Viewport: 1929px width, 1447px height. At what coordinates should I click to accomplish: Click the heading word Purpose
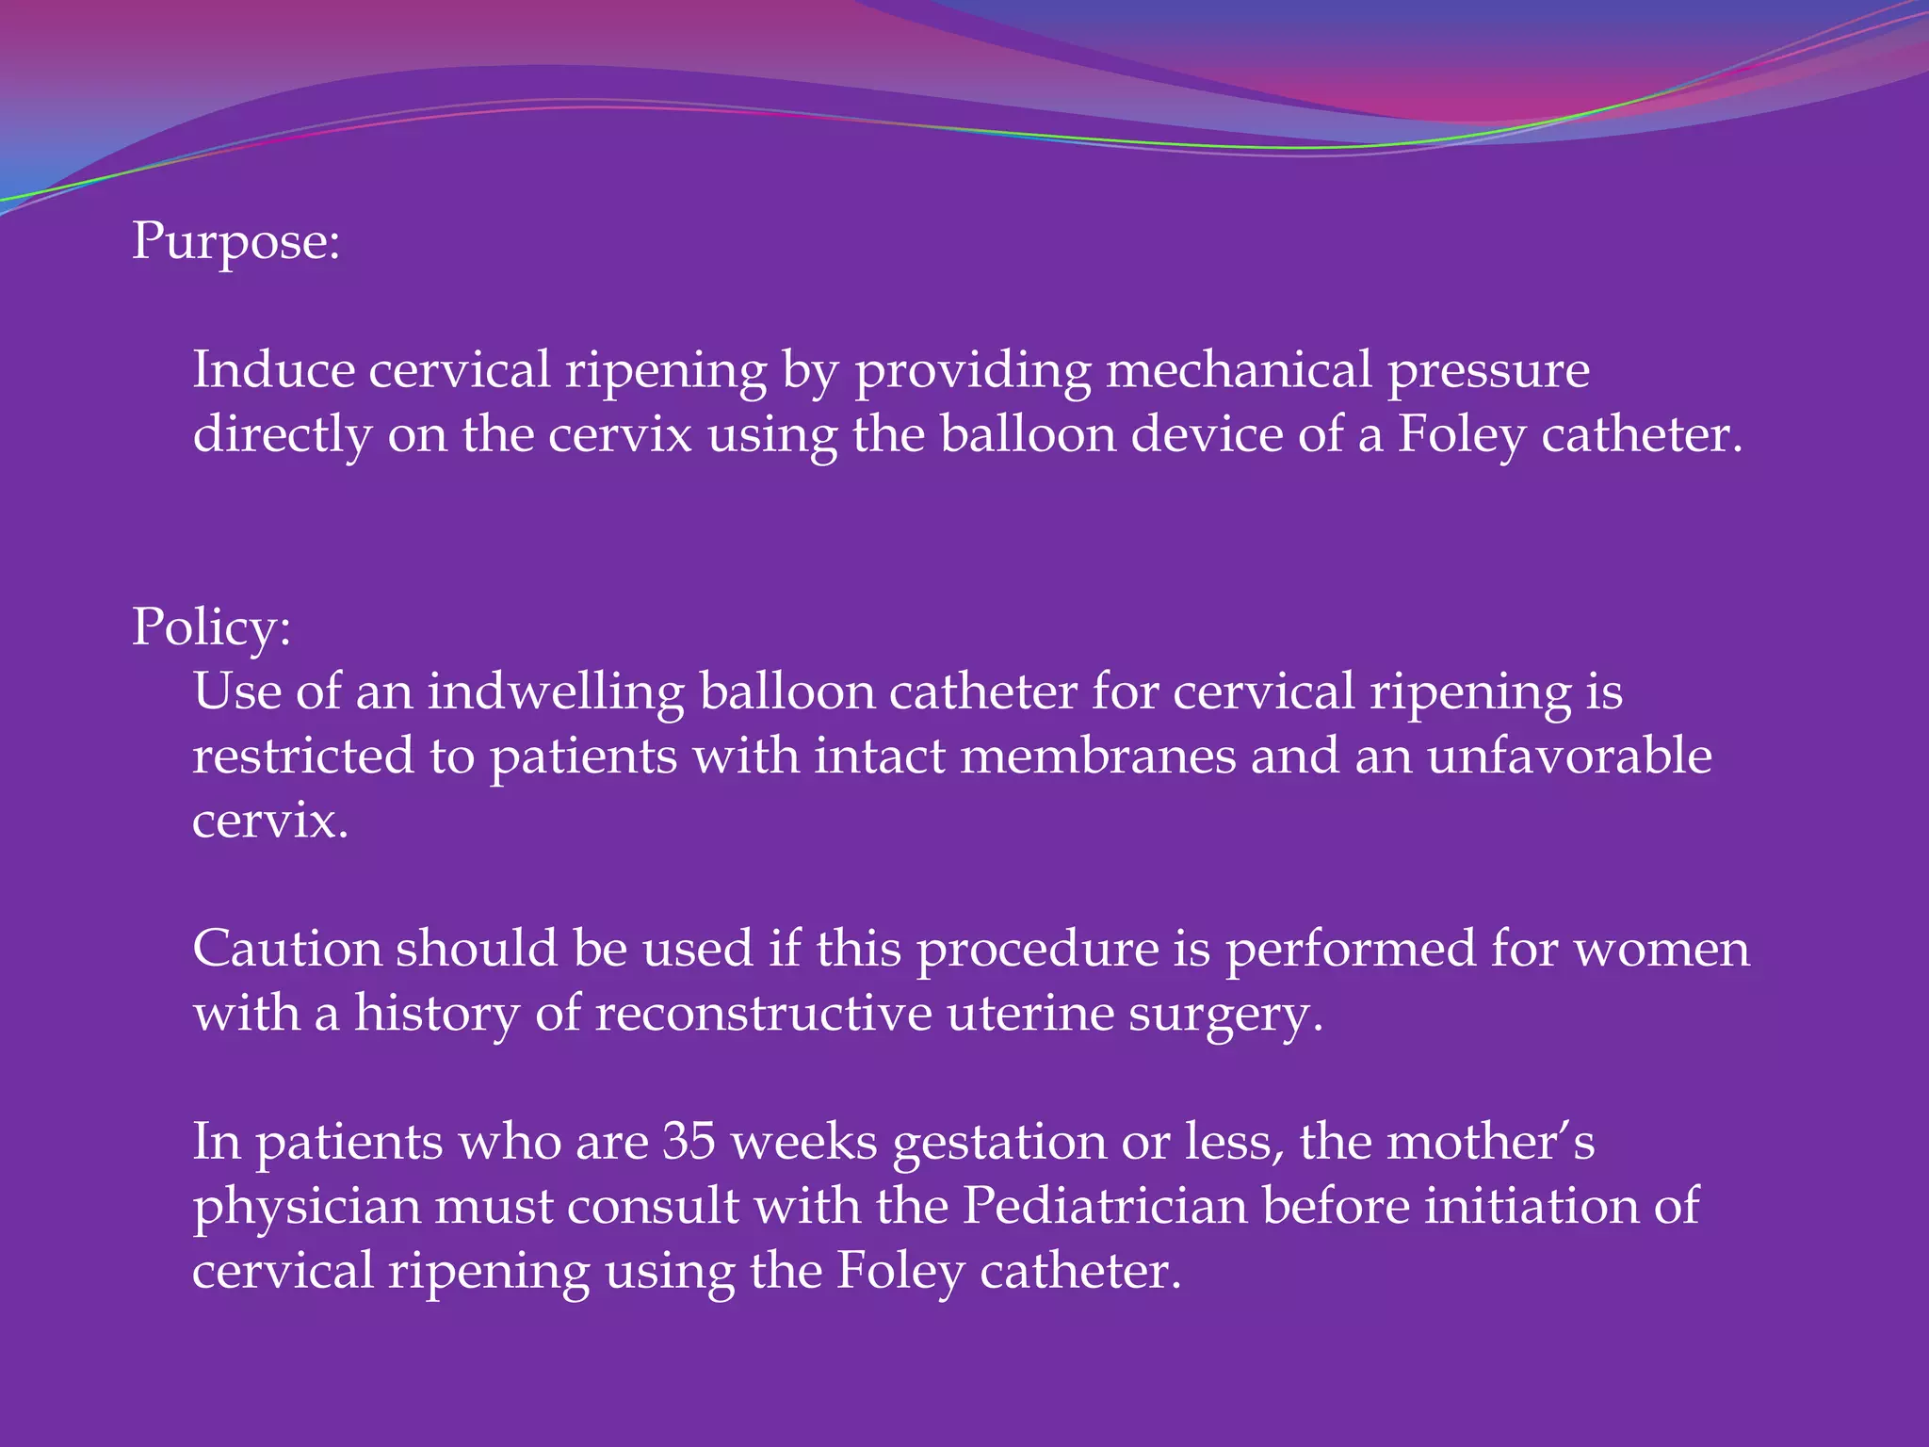click(235, 241)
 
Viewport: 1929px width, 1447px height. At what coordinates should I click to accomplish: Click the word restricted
click(303, 756)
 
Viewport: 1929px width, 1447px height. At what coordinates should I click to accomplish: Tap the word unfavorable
click(1569, 756)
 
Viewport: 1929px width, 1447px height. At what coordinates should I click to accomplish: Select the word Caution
click(287, 949)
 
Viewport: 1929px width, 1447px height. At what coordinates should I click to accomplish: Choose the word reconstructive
click(763, 1014)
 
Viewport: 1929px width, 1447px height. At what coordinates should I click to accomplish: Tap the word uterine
click(1030, 1014)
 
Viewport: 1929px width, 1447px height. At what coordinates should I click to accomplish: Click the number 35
click(689, 1142)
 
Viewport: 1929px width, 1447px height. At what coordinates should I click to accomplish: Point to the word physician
click(306, 1208)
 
